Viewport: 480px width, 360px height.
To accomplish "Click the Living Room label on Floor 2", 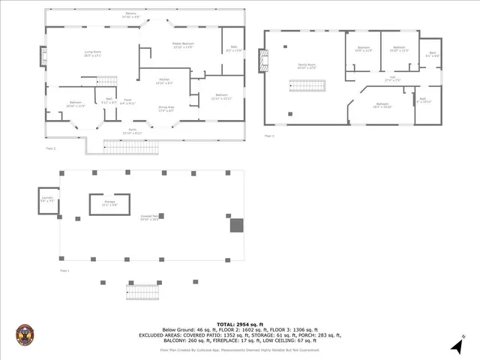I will (x=92, y=52).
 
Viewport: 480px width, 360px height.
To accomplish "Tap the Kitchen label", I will (x=164, y=80).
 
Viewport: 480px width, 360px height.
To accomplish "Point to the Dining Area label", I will (x=166, y=109).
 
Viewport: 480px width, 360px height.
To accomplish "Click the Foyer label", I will (x=128, y=101).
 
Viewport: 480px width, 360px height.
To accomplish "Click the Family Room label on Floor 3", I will (x=305, y=66).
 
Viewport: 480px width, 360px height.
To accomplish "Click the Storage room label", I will (x=109, y=202).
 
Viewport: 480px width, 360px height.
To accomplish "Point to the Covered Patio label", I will (x=148, y=217).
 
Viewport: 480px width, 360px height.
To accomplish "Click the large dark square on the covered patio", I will (x=237, y=225).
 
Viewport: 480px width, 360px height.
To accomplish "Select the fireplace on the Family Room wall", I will (x=261, y=61).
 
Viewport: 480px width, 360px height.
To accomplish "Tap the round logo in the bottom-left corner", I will (x=25, y=334).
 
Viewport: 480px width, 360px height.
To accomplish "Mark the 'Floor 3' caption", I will (x=269, y=136).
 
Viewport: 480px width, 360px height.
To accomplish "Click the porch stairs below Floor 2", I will (x=124, y=147).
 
